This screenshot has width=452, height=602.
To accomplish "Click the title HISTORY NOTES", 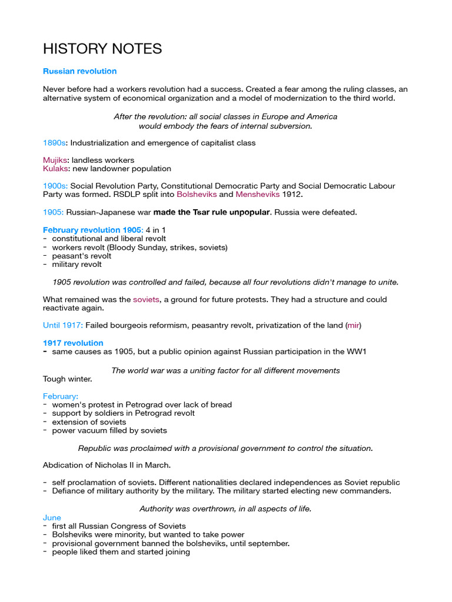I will click(102, 49).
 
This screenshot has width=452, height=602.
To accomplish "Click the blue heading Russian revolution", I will click(79, 71).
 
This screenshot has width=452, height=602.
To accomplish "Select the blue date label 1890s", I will click(54, 143).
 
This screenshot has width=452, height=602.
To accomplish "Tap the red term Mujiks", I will click(55, 160).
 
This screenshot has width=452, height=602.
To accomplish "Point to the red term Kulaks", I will click(55, 169).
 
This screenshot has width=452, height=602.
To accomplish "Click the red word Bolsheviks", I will click(197, 194).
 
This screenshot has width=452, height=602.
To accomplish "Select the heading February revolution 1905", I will click(92, 230).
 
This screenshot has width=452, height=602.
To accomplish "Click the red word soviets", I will click(146, 299).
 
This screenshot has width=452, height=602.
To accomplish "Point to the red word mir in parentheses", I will click(353, 325).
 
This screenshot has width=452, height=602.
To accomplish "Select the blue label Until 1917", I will click(63, 325).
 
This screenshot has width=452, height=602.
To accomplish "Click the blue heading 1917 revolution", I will click(73, 343).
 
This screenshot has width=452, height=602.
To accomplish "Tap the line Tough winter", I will click(68, 379).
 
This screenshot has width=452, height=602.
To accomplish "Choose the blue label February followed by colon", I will click(61, 396).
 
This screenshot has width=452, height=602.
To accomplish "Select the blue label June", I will click(52, 517).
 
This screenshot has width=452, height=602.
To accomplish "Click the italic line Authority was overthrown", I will click(225, 509).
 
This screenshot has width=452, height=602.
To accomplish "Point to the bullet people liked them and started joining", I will click(121, 552).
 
